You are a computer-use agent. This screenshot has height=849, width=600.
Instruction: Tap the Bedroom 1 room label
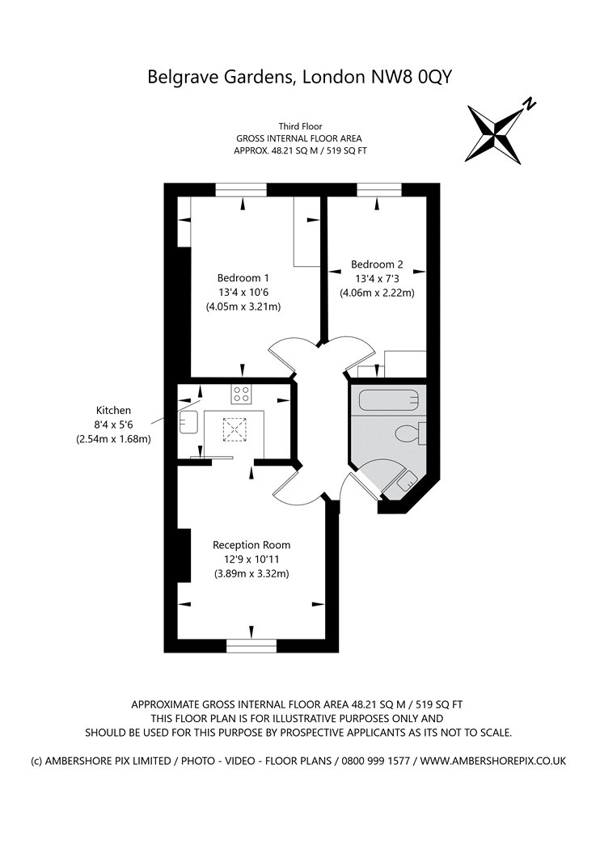click(243, 277)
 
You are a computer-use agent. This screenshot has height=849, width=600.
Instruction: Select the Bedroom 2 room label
click(376, 264)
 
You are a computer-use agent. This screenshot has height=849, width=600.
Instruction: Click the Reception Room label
click(251, 545)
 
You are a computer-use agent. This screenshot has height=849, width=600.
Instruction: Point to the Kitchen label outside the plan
click(113, 411)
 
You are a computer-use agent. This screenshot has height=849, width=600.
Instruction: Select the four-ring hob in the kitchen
click(241, 394)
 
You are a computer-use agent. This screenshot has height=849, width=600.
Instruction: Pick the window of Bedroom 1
click(241, 190)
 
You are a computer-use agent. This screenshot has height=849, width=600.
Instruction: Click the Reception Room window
click(251, 645)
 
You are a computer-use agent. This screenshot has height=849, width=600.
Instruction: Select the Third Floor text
click(300, 126)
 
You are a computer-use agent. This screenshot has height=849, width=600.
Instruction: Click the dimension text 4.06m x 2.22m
click(377, 293)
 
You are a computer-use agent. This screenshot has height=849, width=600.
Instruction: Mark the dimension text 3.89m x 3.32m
click(251, 574)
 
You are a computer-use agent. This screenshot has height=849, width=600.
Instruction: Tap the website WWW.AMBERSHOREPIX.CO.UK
click(493, 761)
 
